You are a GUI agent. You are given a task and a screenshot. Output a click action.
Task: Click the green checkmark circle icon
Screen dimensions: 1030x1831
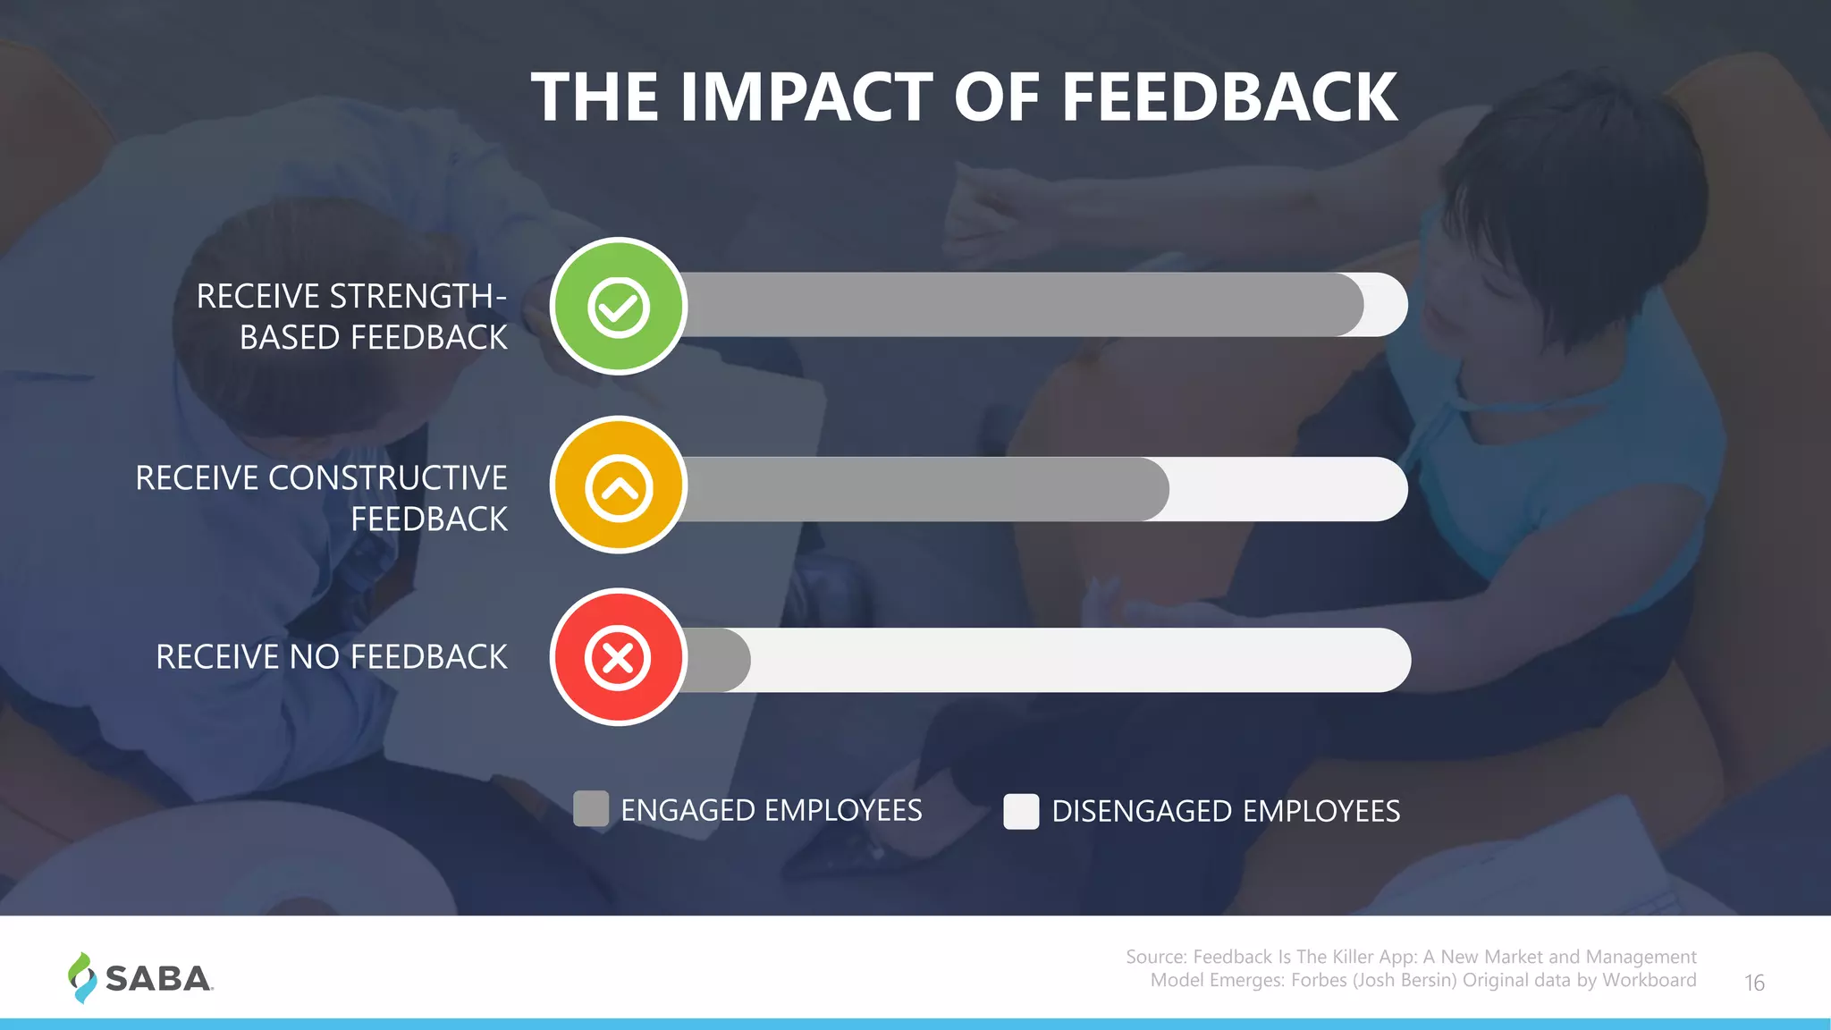[x=619, y=306]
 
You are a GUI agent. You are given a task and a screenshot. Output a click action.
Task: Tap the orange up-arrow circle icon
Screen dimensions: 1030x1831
[x=619, y=485]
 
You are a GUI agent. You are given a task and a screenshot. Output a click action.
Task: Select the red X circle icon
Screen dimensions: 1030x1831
[x=619, y=657]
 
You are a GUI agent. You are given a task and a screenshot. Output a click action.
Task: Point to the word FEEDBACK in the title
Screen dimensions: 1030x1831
[x=1229, y=97]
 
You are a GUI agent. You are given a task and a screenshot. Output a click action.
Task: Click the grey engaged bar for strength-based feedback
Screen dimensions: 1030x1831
[x=1019, y=305]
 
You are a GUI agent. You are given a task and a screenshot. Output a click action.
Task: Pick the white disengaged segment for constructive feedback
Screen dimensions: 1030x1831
[x=1287, y=489]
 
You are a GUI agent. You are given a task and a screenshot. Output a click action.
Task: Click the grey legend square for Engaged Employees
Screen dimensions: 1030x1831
[x=591, y=808]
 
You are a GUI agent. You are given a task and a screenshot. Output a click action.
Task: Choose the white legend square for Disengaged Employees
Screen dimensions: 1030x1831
[x=1021, y=811]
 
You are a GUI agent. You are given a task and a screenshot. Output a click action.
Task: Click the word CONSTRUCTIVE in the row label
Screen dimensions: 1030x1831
[x=387, y=478]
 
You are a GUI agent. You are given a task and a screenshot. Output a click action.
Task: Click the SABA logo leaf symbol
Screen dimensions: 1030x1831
[x=82, y=977]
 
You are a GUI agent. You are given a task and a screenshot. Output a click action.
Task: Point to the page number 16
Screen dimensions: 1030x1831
[x=1754, y=983]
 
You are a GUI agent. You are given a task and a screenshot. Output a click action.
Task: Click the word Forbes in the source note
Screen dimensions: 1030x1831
[x=1319, y=980]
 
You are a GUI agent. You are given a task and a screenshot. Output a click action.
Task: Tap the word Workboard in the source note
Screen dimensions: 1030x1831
[x=1649, y=980]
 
